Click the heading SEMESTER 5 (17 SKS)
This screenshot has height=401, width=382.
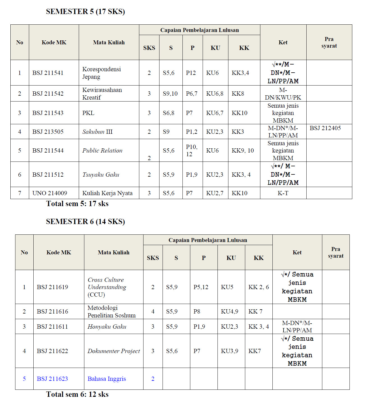coord(85,11)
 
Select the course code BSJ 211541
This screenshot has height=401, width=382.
coord(48,73)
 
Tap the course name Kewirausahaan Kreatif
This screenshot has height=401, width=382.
coord(102,94)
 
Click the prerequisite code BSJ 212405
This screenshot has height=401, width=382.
coord(325,128)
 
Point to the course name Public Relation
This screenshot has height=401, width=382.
coord(102,151)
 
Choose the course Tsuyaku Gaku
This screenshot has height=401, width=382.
coord(101,175)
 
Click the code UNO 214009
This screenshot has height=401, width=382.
coord(50,193)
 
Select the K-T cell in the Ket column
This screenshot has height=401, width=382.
coord(283,193)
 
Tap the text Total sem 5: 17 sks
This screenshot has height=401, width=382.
coord(77,204)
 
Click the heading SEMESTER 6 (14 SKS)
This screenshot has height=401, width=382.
coord(85,222)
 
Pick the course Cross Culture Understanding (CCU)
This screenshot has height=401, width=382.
coord(107,287)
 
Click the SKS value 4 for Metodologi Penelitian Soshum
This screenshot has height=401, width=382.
coord(153,312)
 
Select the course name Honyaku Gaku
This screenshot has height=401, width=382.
coord(107,327)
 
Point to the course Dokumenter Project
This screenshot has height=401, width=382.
coord(114,351)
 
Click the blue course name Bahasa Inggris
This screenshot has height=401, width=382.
coord(107,379)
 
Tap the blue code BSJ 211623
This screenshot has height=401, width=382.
coord(52,379)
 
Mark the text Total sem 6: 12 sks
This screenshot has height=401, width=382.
coord(77,395)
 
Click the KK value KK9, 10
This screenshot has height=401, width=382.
coord(243,151)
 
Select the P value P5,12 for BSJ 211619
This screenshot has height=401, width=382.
coord(201,287)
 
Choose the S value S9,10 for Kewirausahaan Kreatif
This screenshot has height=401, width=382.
coord(170,94)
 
